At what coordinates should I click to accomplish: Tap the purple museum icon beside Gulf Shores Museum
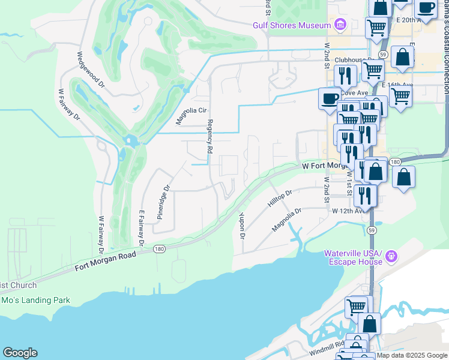tap(340, 25)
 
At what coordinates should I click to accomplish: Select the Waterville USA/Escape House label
tap(354, 257)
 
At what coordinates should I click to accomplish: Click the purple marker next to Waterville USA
tap(391, 257)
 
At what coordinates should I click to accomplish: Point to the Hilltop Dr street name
tap(280, 200)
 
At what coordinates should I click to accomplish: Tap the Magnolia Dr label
tap(286, 220)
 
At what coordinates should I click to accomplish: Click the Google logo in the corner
tap(20, 353)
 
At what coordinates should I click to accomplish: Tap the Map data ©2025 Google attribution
tap(412, 355)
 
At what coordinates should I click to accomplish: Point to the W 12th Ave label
tap(347, 211)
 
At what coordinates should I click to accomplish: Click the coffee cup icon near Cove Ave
tap(329, 98)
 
